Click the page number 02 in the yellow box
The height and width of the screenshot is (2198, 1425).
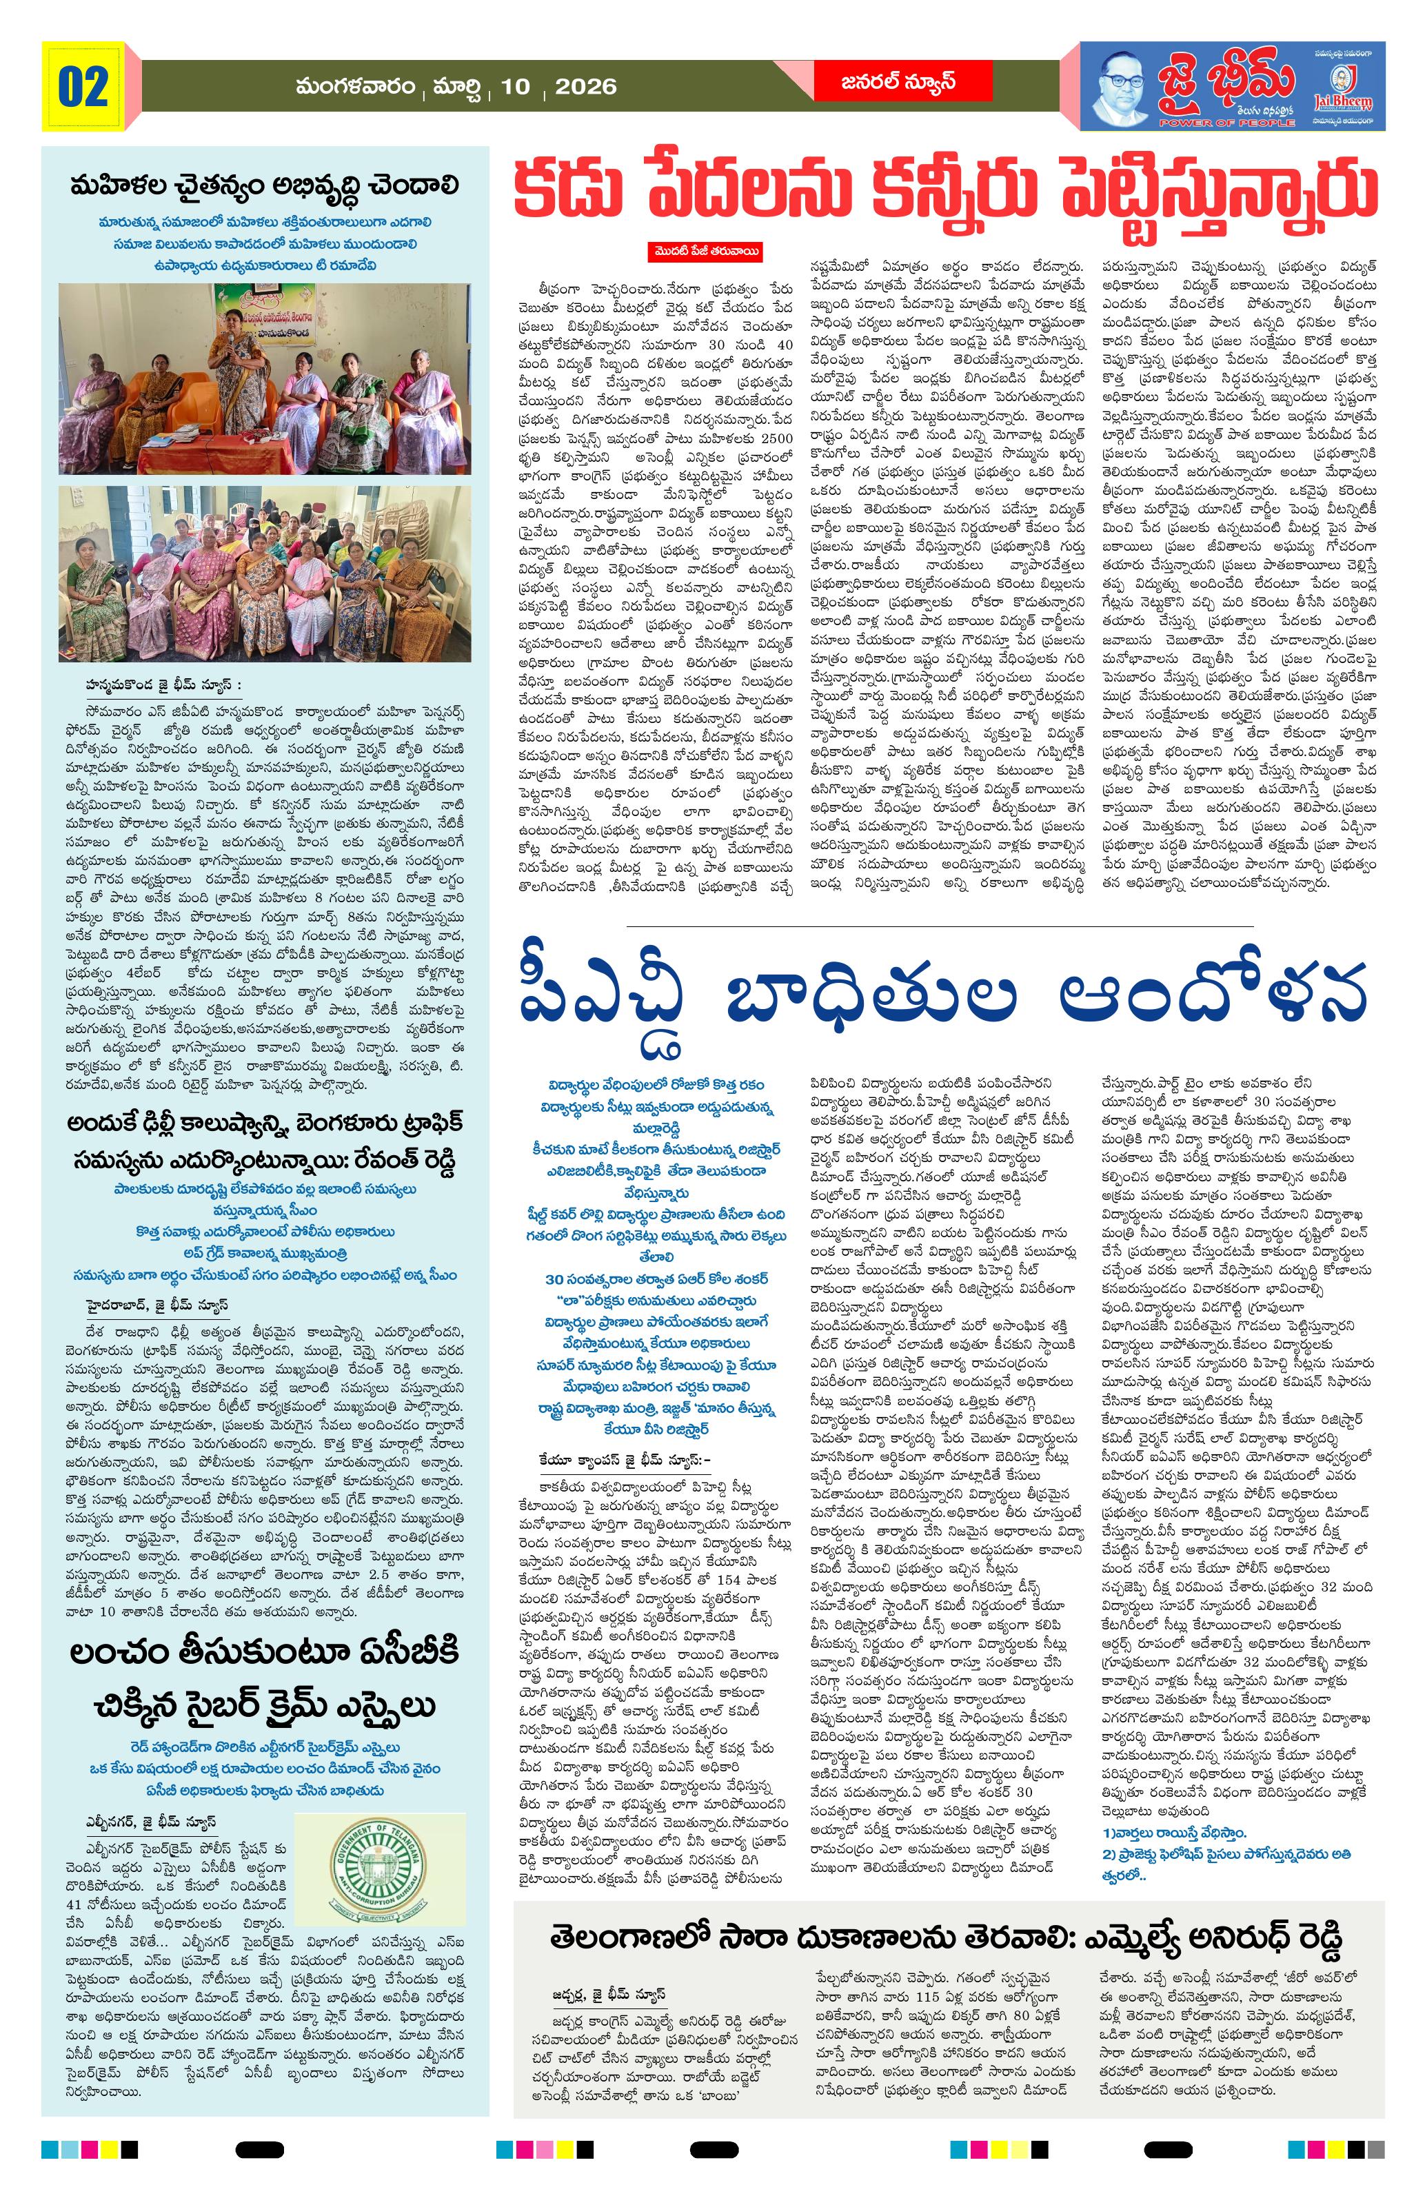[x=83, y=87]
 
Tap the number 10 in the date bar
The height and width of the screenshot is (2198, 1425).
[x=514, y=87]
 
